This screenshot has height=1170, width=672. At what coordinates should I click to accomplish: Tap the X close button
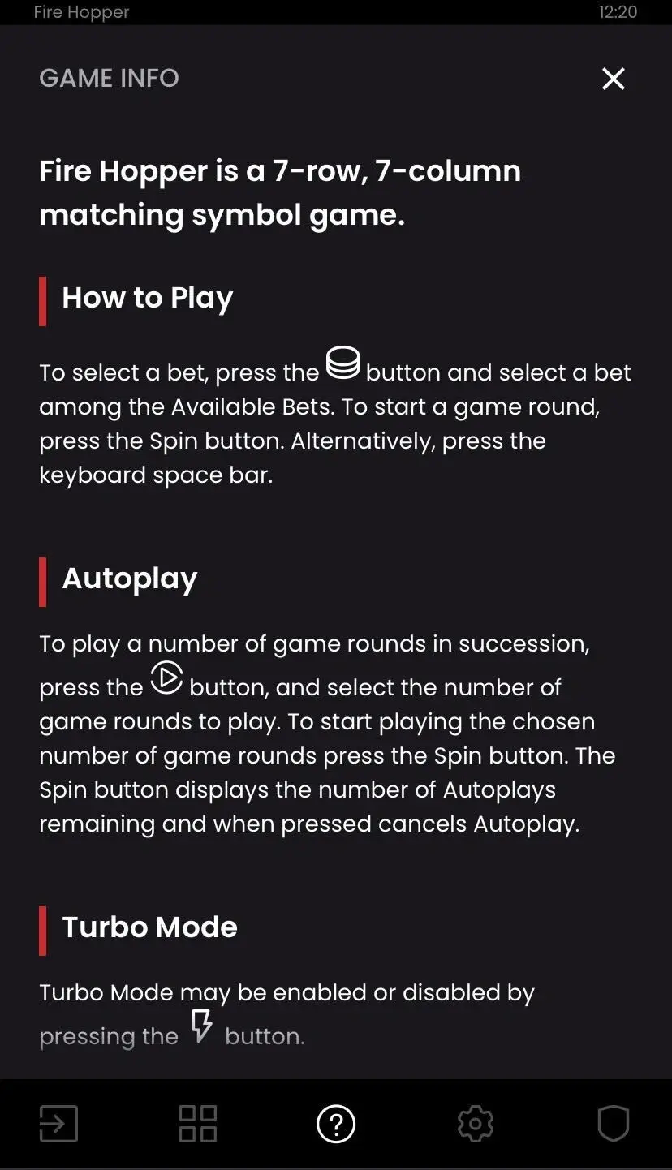point(613,79)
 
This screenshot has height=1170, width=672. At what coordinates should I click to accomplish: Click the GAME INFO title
point(110,79)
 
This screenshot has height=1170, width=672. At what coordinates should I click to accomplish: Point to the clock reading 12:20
point(618,12)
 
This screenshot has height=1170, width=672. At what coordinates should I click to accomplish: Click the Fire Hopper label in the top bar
point(81,12)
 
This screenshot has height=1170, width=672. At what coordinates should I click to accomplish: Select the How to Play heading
point(148,299)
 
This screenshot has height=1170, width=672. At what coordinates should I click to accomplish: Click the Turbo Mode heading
point(150,927)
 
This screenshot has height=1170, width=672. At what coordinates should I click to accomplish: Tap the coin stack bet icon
point(342,363)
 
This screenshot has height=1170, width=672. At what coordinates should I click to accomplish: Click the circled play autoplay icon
point(166,677)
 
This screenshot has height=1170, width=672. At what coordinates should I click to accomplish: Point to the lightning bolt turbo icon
point(201,1026)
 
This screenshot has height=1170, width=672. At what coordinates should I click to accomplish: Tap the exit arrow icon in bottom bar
point(58,1124)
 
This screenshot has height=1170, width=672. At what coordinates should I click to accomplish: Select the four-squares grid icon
point(197,1124)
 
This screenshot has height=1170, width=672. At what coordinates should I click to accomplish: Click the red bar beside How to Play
point(43,301)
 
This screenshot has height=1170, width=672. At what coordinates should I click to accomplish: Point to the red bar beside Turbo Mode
point(43,931)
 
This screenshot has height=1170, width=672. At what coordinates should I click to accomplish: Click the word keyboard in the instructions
point(93,475)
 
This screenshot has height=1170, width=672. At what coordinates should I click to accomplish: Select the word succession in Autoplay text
point(524,644)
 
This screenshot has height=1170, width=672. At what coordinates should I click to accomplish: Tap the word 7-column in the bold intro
point(448,171)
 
